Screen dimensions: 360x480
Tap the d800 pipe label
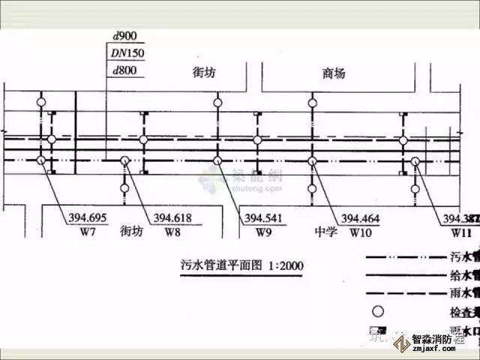pos(123,71)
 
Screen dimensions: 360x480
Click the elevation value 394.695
pos(88,218)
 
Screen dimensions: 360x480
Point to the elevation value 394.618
pos(172,218)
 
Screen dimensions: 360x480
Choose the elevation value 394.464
pos(360,218)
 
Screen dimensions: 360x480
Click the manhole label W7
pos(88,232)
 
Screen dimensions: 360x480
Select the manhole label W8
pos(172,232)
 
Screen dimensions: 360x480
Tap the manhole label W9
pos(262,232)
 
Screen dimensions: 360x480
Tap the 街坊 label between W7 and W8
pos(131,232)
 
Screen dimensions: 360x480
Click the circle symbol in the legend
pos(379,310)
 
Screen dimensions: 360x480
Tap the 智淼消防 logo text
pos(443,339)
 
